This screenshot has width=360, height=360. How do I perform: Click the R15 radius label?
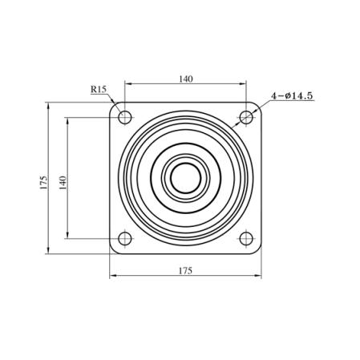(x=99, y=89)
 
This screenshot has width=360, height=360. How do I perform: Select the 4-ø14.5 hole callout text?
(x=292, y=95)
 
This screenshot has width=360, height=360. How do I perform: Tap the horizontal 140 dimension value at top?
(x=186, y=79)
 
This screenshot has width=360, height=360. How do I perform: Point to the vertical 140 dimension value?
(x=63, y=183)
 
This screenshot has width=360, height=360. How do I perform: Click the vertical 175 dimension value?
(x=43, y=183)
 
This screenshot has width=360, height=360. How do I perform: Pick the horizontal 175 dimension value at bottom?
(x=185, y=271)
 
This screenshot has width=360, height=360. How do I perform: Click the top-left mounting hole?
(x=125, y=117)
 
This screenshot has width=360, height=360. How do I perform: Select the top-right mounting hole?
(x=246, y=117)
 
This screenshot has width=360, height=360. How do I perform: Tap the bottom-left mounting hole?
(x=125, y=238)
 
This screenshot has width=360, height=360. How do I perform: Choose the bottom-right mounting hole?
(x=246, y=238)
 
